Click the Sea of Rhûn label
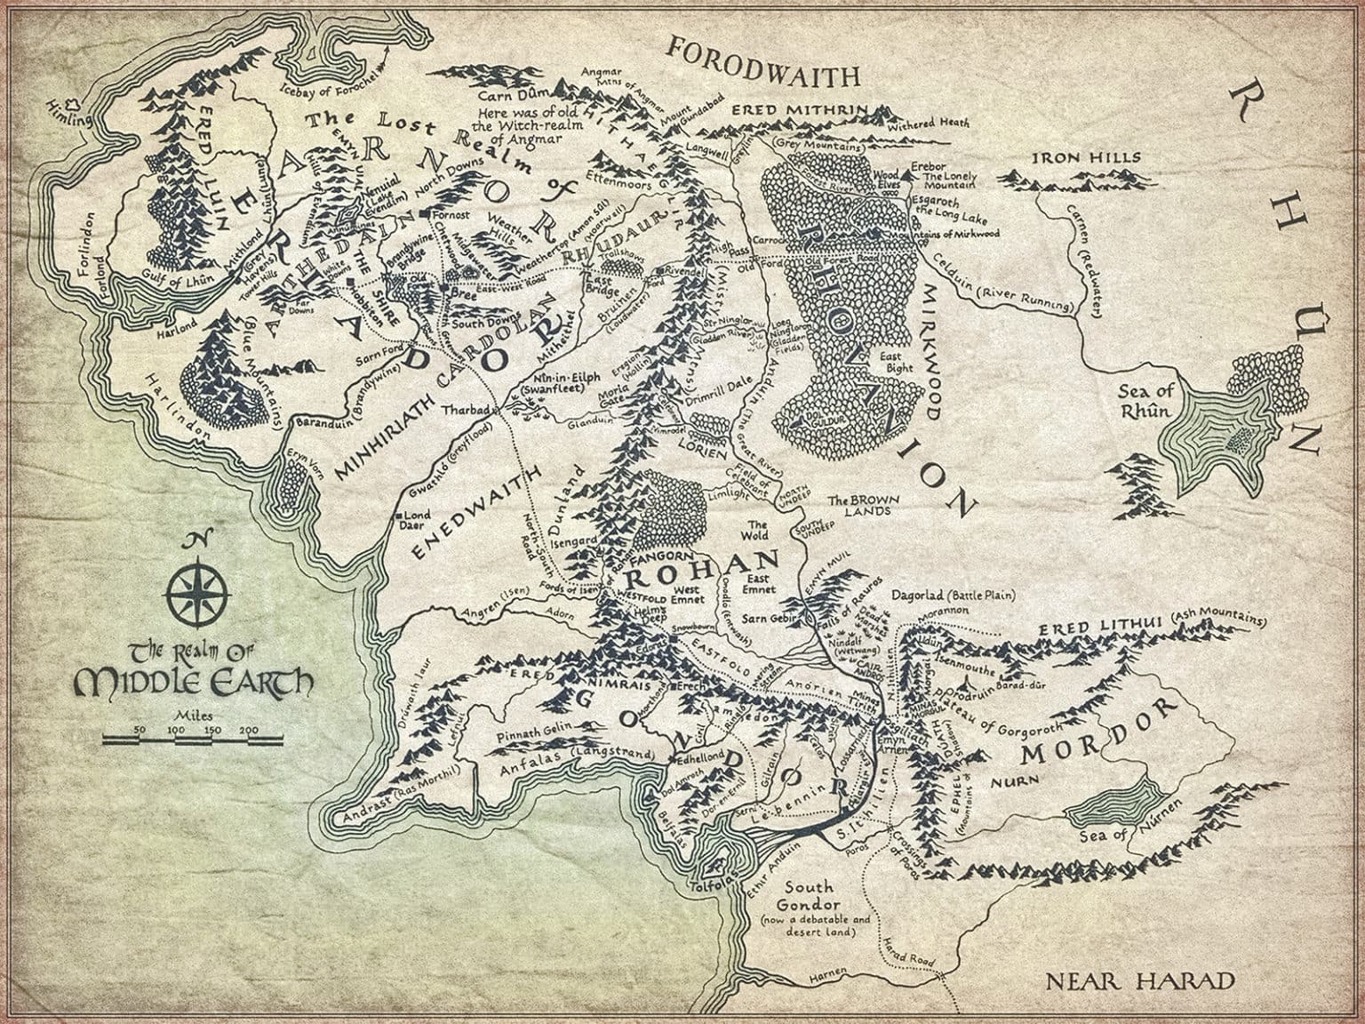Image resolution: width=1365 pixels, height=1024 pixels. (1147, 401)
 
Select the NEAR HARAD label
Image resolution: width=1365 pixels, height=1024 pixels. (1140, 981)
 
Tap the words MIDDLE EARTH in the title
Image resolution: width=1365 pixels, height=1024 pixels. (195, 684)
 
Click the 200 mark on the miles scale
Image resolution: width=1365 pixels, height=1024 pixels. (249, 731)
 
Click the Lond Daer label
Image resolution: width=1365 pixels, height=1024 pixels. (418, 521)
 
